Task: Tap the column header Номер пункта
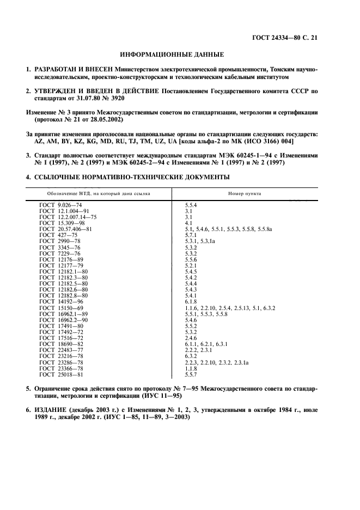[244, 193]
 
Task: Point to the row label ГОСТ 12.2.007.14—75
[68, 217]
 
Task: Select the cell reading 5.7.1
[191, 235]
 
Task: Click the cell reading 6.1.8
[191, 301]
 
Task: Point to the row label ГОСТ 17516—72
[63, 337]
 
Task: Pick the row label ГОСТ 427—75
[59, 235]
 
